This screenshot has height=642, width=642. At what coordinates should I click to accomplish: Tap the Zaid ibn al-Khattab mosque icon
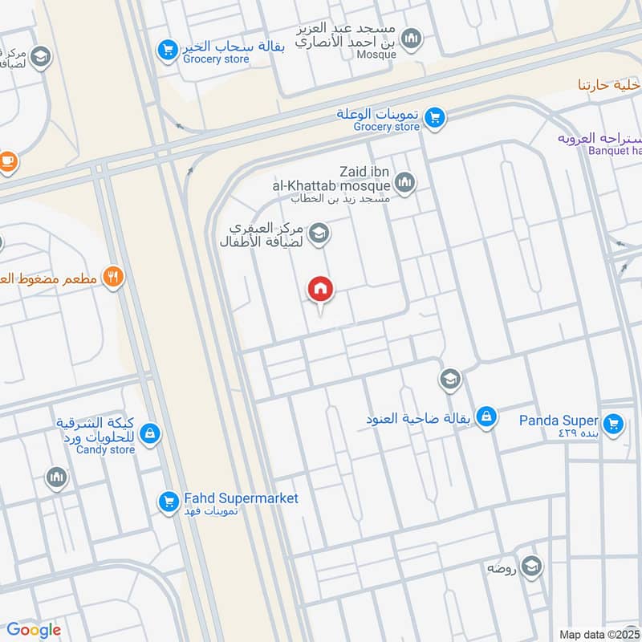pos(406,183)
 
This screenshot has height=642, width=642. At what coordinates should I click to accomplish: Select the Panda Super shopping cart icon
pos(614,423)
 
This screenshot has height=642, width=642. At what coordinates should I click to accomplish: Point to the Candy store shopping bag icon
pos(149,434)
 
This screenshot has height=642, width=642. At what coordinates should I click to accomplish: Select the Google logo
pos(34,630)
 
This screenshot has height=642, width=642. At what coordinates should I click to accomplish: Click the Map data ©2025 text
pos(599,634)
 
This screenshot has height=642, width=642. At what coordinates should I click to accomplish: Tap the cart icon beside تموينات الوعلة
pos(434,118)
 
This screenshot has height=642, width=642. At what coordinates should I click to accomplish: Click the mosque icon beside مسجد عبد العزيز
pos(411,38)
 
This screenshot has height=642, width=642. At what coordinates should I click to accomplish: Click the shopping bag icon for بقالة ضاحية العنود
pos(486,417)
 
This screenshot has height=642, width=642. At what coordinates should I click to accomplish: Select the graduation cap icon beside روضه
pos(530,567)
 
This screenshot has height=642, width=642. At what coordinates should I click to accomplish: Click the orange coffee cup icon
pos(7,161)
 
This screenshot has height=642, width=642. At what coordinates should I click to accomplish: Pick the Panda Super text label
pos(559,421)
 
